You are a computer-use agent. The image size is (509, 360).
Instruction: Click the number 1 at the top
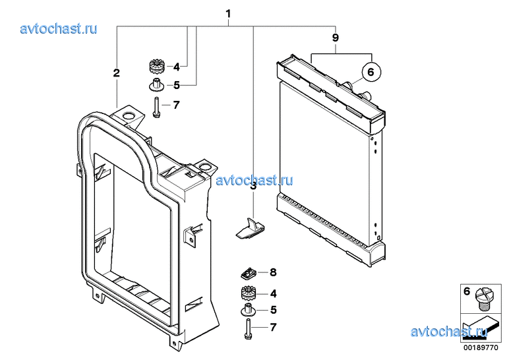pyautogui.click(x=229, y=14)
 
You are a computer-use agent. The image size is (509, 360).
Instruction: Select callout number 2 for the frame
pyautogui.click(x=116, y=73)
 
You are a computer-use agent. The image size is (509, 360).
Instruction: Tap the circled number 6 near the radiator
pyautogui.click(x=371, y=71)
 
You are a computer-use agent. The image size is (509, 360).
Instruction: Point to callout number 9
pyautogui.click(x=336, y=38)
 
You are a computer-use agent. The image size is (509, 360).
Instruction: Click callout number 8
pyautogui.click(x=273, y=272)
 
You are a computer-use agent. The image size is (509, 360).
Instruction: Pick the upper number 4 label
pyautogui.click(x=176, y=67)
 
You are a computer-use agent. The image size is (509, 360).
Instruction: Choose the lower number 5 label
pyautogui.click(x=274, y=310)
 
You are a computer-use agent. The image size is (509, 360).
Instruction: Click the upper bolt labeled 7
pyautogui.click(x=156, y=107)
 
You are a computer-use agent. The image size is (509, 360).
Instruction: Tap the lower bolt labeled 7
pyautogui.click(x=248, y=329)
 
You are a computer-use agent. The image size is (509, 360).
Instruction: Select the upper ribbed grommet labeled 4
pyautogui.click(x=158, y=66)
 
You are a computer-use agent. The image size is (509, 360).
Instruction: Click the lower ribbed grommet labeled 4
pyautogui.click(x=249, y=293)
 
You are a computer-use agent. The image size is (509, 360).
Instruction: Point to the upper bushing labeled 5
pyautogui.click(x=156, y=84)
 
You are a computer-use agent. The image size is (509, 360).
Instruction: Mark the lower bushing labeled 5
pyautogui.click(x=249, y=310)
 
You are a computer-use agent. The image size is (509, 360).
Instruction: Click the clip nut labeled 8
pyautogui.click(x=249, y=273)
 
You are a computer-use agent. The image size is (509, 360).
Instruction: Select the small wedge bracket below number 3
pyautogui.click(x=250, y=228)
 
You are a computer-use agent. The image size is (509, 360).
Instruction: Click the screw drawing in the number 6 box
pyautogui.click(x=483, y=299)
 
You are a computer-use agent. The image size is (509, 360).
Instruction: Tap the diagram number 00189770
pyautogui.click(x=481, y=347)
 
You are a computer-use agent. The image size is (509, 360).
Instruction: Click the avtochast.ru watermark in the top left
pyautogui.click(x=59, y=29)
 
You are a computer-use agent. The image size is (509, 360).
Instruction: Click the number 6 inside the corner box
pyautogui.click(x=467, y=291)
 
